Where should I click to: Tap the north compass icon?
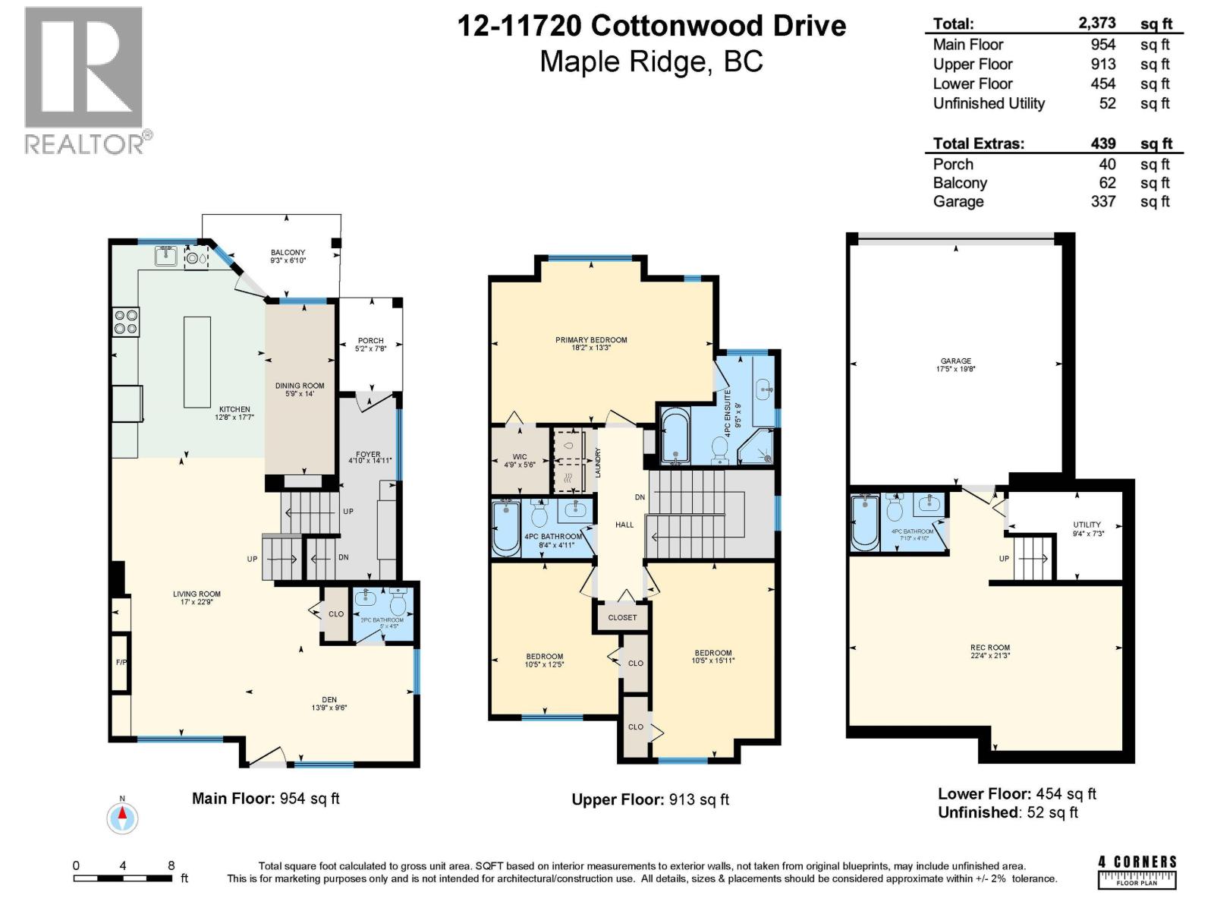(122, 818)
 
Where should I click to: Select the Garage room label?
(955, 365)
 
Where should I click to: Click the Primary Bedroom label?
(591, 344)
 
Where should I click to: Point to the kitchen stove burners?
(126, 322)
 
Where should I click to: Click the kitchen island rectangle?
(197, 361)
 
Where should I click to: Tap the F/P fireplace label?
(121, 662)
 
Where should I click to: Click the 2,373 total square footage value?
(1097, 24)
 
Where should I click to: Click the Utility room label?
(1087, 528)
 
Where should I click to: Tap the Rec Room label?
(989, 651)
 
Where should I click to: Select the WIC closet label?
(520, 460)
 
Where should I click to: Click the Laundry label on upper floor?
(598, 462)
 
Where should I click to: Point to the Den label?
(329, 703)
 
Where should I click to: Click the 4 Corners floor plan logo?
(1137, 872)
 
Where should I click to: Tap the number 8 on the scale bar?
(171, 865)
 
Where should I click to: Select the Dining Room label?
(299, 389)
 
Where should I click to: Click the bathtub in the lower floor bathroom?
(864, 523)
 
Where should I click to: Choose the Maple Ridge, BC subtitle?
(651, 61)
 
